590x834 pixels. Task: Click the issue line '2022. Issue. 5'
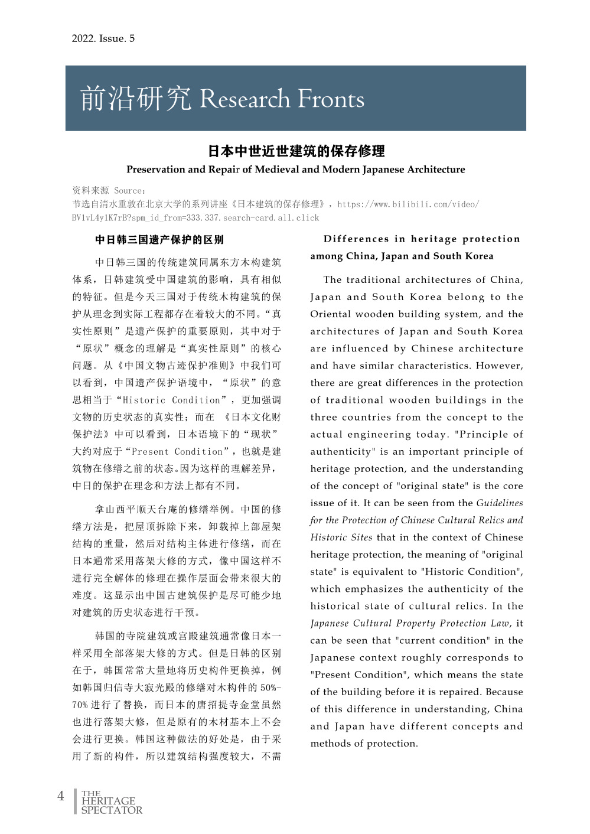pos(103,38)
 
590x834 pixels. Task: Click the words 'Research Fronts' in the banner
pos(282,99)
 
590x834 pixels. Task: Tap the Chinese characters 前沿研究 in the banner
pos(135,99)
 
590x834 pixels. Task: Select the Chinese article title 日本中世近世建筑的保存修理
pos(296,151)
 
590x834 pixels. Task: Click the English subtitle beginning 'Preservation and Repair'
pos(295,170)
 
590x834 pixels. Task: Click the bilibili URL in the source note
pos(408,204)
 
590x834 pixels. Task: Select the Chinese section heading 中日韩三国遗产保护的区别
pos(159,240)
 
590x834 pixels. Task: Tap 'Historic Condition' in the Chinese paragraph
pos(171,400)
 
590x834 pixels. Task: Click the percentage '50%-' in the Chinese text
pos(270,688)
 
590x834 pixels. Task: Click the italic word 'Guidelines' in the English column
pos(499,503)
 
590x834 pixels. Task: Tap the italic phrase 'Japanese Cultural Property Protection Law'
pos(410,623)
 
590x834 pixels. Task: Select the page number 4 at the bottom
pos(60,796)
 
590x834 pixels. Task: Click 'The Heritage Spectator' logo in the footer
pos(111,802)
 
